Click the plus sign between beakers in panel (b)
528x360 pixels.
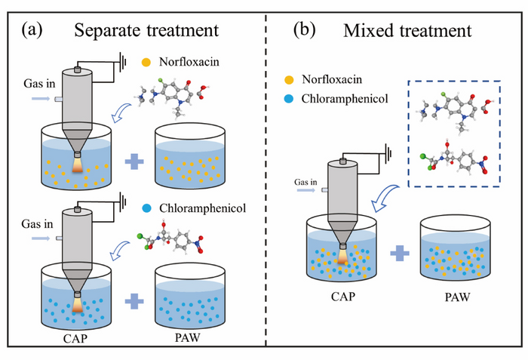[398, 250]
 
